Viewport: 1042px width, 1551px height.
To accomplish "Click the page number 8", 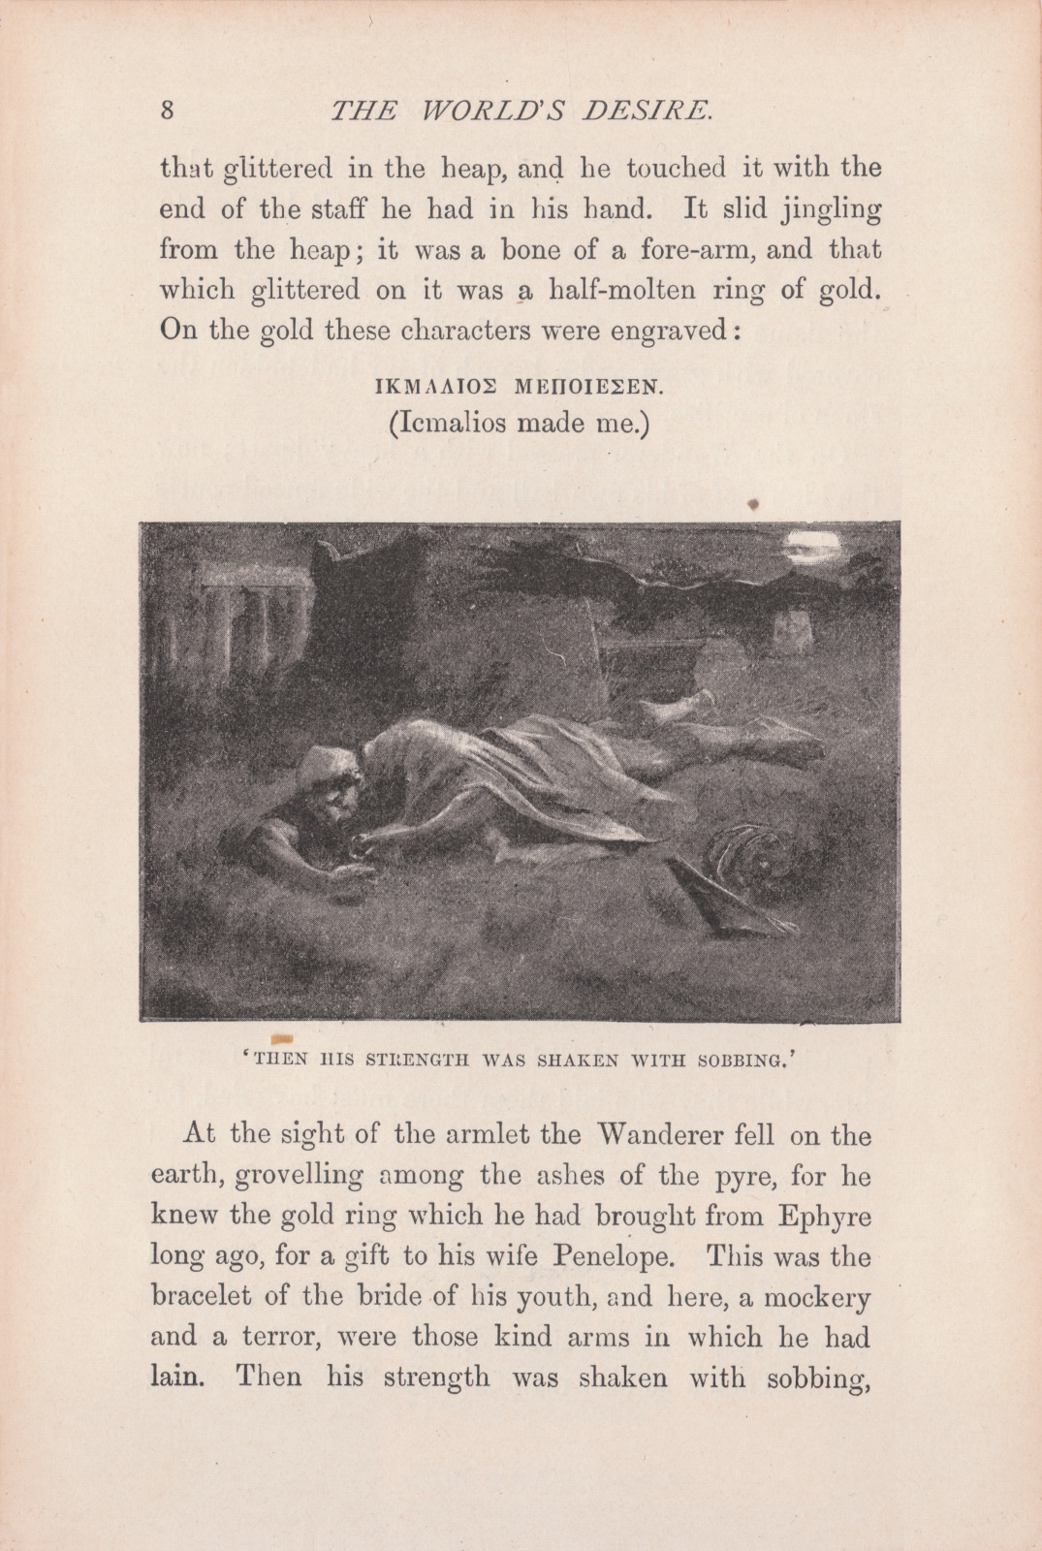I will click(167, 110).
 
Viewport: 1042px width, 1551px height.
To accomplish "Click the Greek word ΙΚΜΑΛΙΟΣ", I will click(434, 388).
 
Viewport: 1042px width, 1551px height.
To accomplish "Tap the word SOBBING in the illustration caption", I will click(739, 1060).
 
